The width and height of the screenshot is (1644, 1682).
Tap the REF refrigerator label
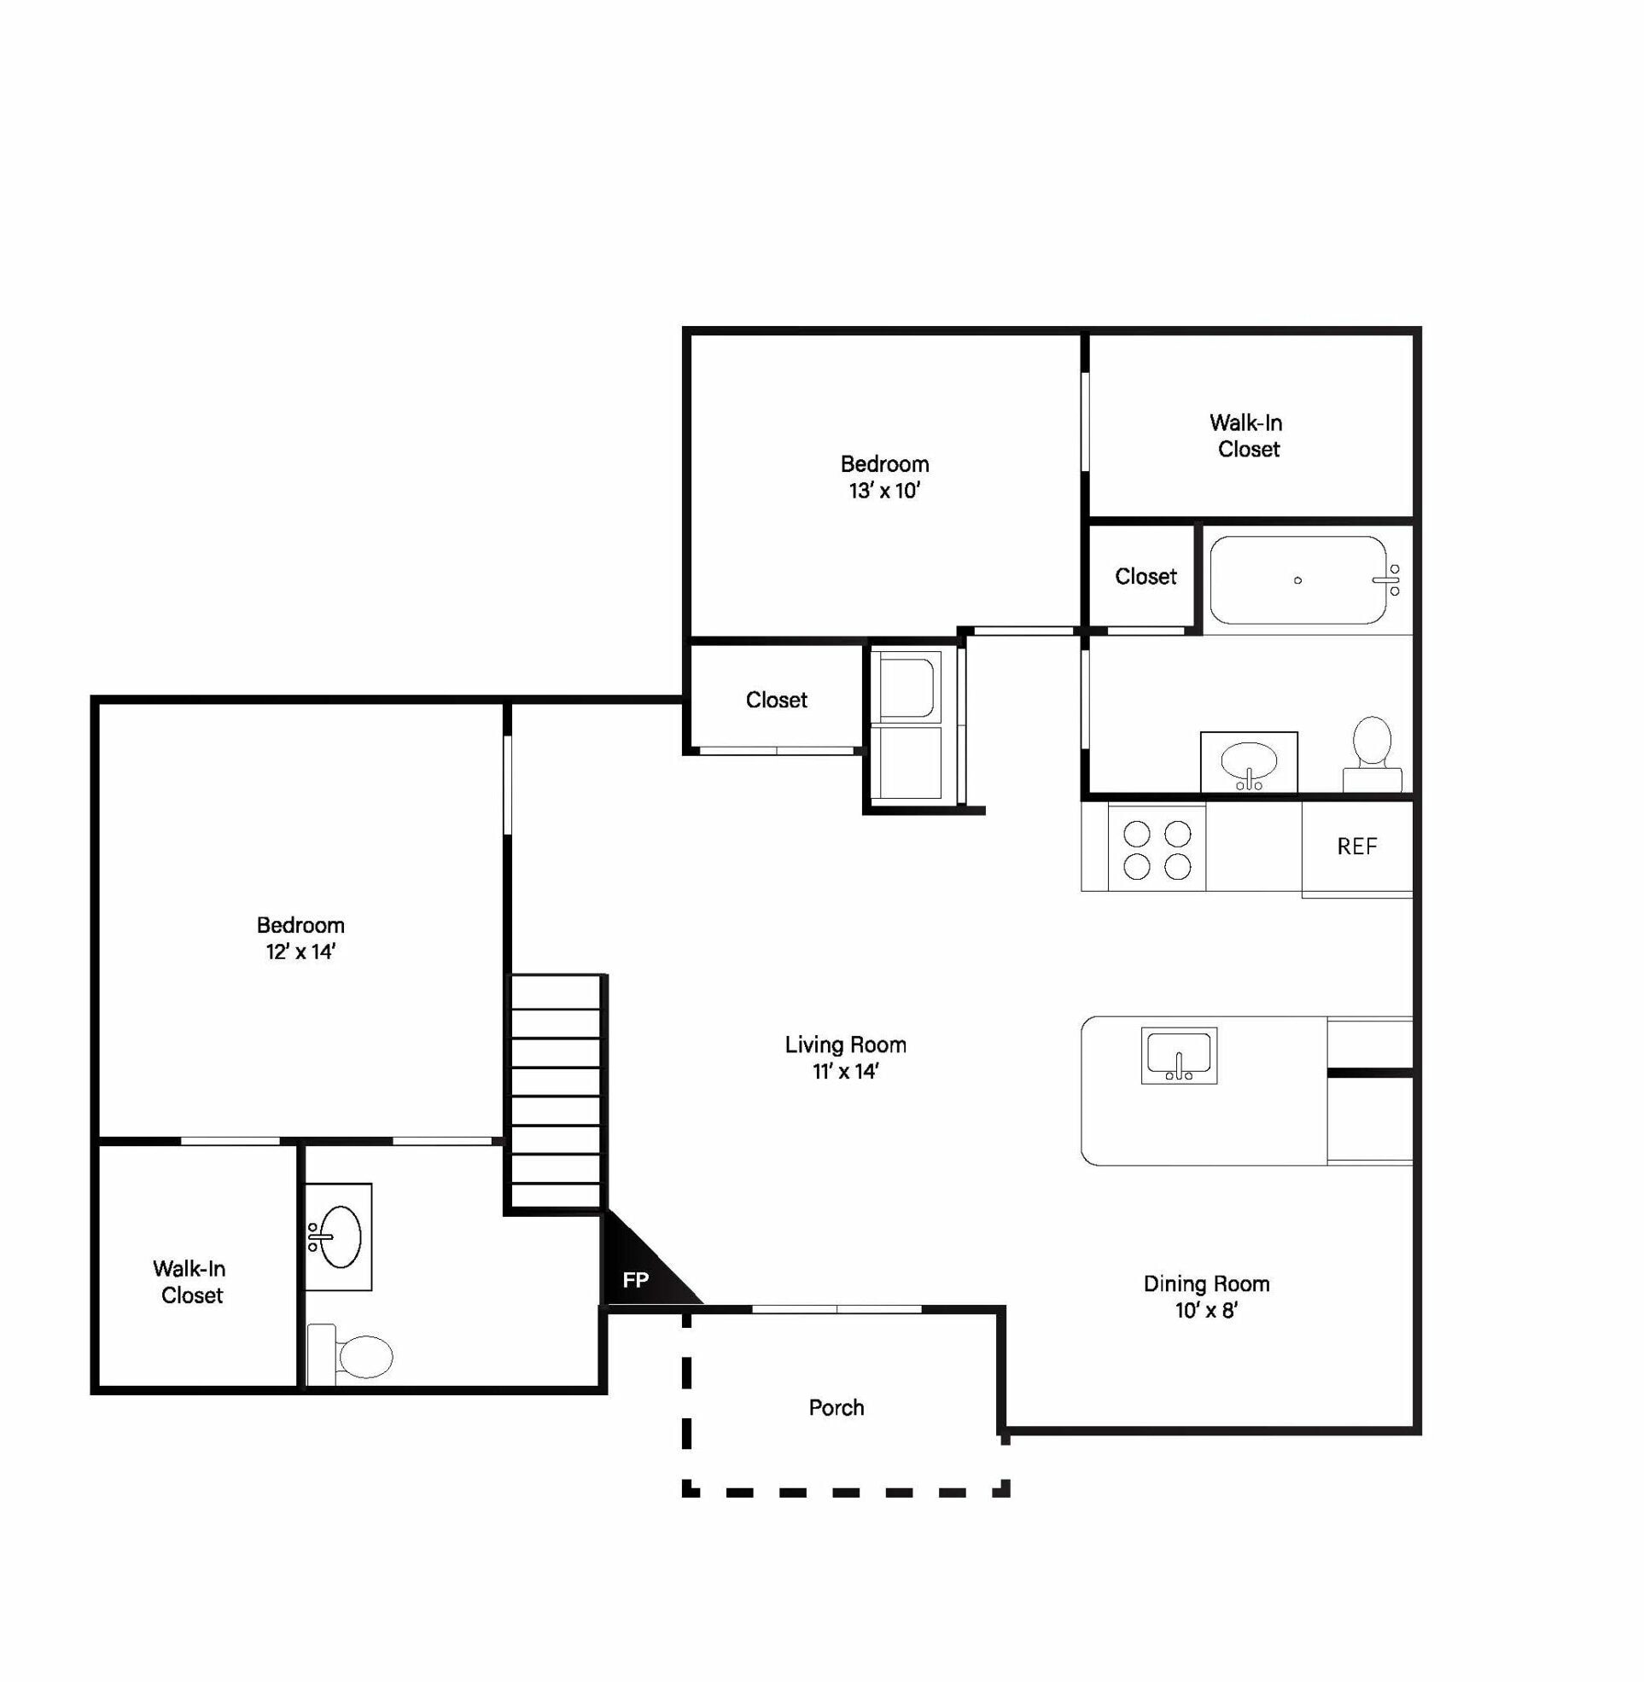[x=1356, y=847]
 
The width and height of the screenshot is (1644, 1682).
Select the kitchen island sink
[x=1179, y=1055]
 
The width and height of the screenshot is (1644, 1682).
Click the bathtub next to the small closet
[x=1297, y=580]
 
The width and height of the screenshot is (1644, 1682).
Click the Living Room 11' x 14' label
[x=845, y=1057]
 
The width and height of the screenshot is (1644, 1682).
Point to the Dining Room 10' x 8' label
[x=1206, y=1296]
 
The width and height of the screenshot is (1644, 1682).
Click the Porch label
[x=836, y=1407]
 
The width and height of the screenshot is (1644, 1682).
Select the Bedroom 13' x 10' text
[x=884, y=477]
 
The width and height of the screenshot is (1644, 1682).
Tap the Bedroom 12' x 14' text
[x=300, y=938]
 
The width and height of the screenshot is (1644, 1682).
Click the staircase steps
[x=556, y=1092]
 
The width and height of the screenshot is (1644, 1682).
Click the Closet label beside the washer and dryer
[x=776, y=700]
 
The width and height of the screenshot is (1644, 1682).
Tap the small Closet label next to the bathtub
[x=1145, y=576]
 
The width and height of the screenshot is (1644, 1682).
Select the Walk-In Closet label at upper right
[x=1247, y=436]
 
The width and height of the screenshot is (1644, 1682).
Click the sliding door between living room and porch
[x=836, y=1309]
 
